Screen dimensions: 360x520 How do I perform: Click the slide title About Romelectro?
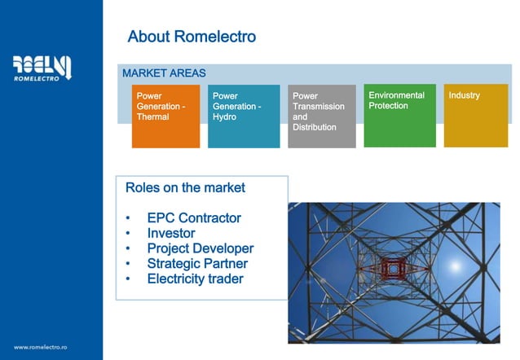pos(192,37)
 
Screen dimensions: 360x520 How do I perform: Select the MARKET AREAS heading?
pos(164,73)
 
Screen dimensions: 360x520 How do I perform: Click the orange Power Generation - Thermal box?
pos(165,115)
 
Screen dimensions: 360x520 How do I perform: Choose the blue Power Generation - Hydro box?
pos(243,115)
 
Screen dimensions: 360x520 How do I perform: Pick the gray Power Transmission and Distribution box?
pos(321,115)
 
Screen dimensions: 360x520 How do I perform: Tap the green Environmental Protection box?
pos(399,115)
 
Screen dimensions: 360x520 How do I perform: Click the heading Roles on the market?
pos(185,187)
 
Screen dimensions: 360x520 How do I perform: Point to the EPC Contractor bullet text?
pos(194,218)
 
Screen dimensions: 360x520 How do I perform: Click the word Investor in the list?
pos(171,233)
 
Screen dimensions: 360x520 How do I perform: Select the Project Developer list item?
pos(200,248)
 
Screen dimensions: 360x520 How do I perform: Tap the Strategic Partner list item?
pos(197,264)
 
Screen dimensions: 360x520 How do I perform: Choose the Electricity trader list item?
pos(195,279)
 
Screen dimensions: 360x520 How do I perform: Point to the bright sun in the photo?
pos(454,266)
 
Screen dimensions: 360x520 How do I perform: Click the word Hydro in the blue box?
pos(223,116)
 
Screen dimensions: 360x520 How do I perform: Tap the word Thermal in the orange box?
pos(153,116)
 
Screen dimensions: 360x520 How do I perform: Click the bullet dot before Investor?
pos(128,234)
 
